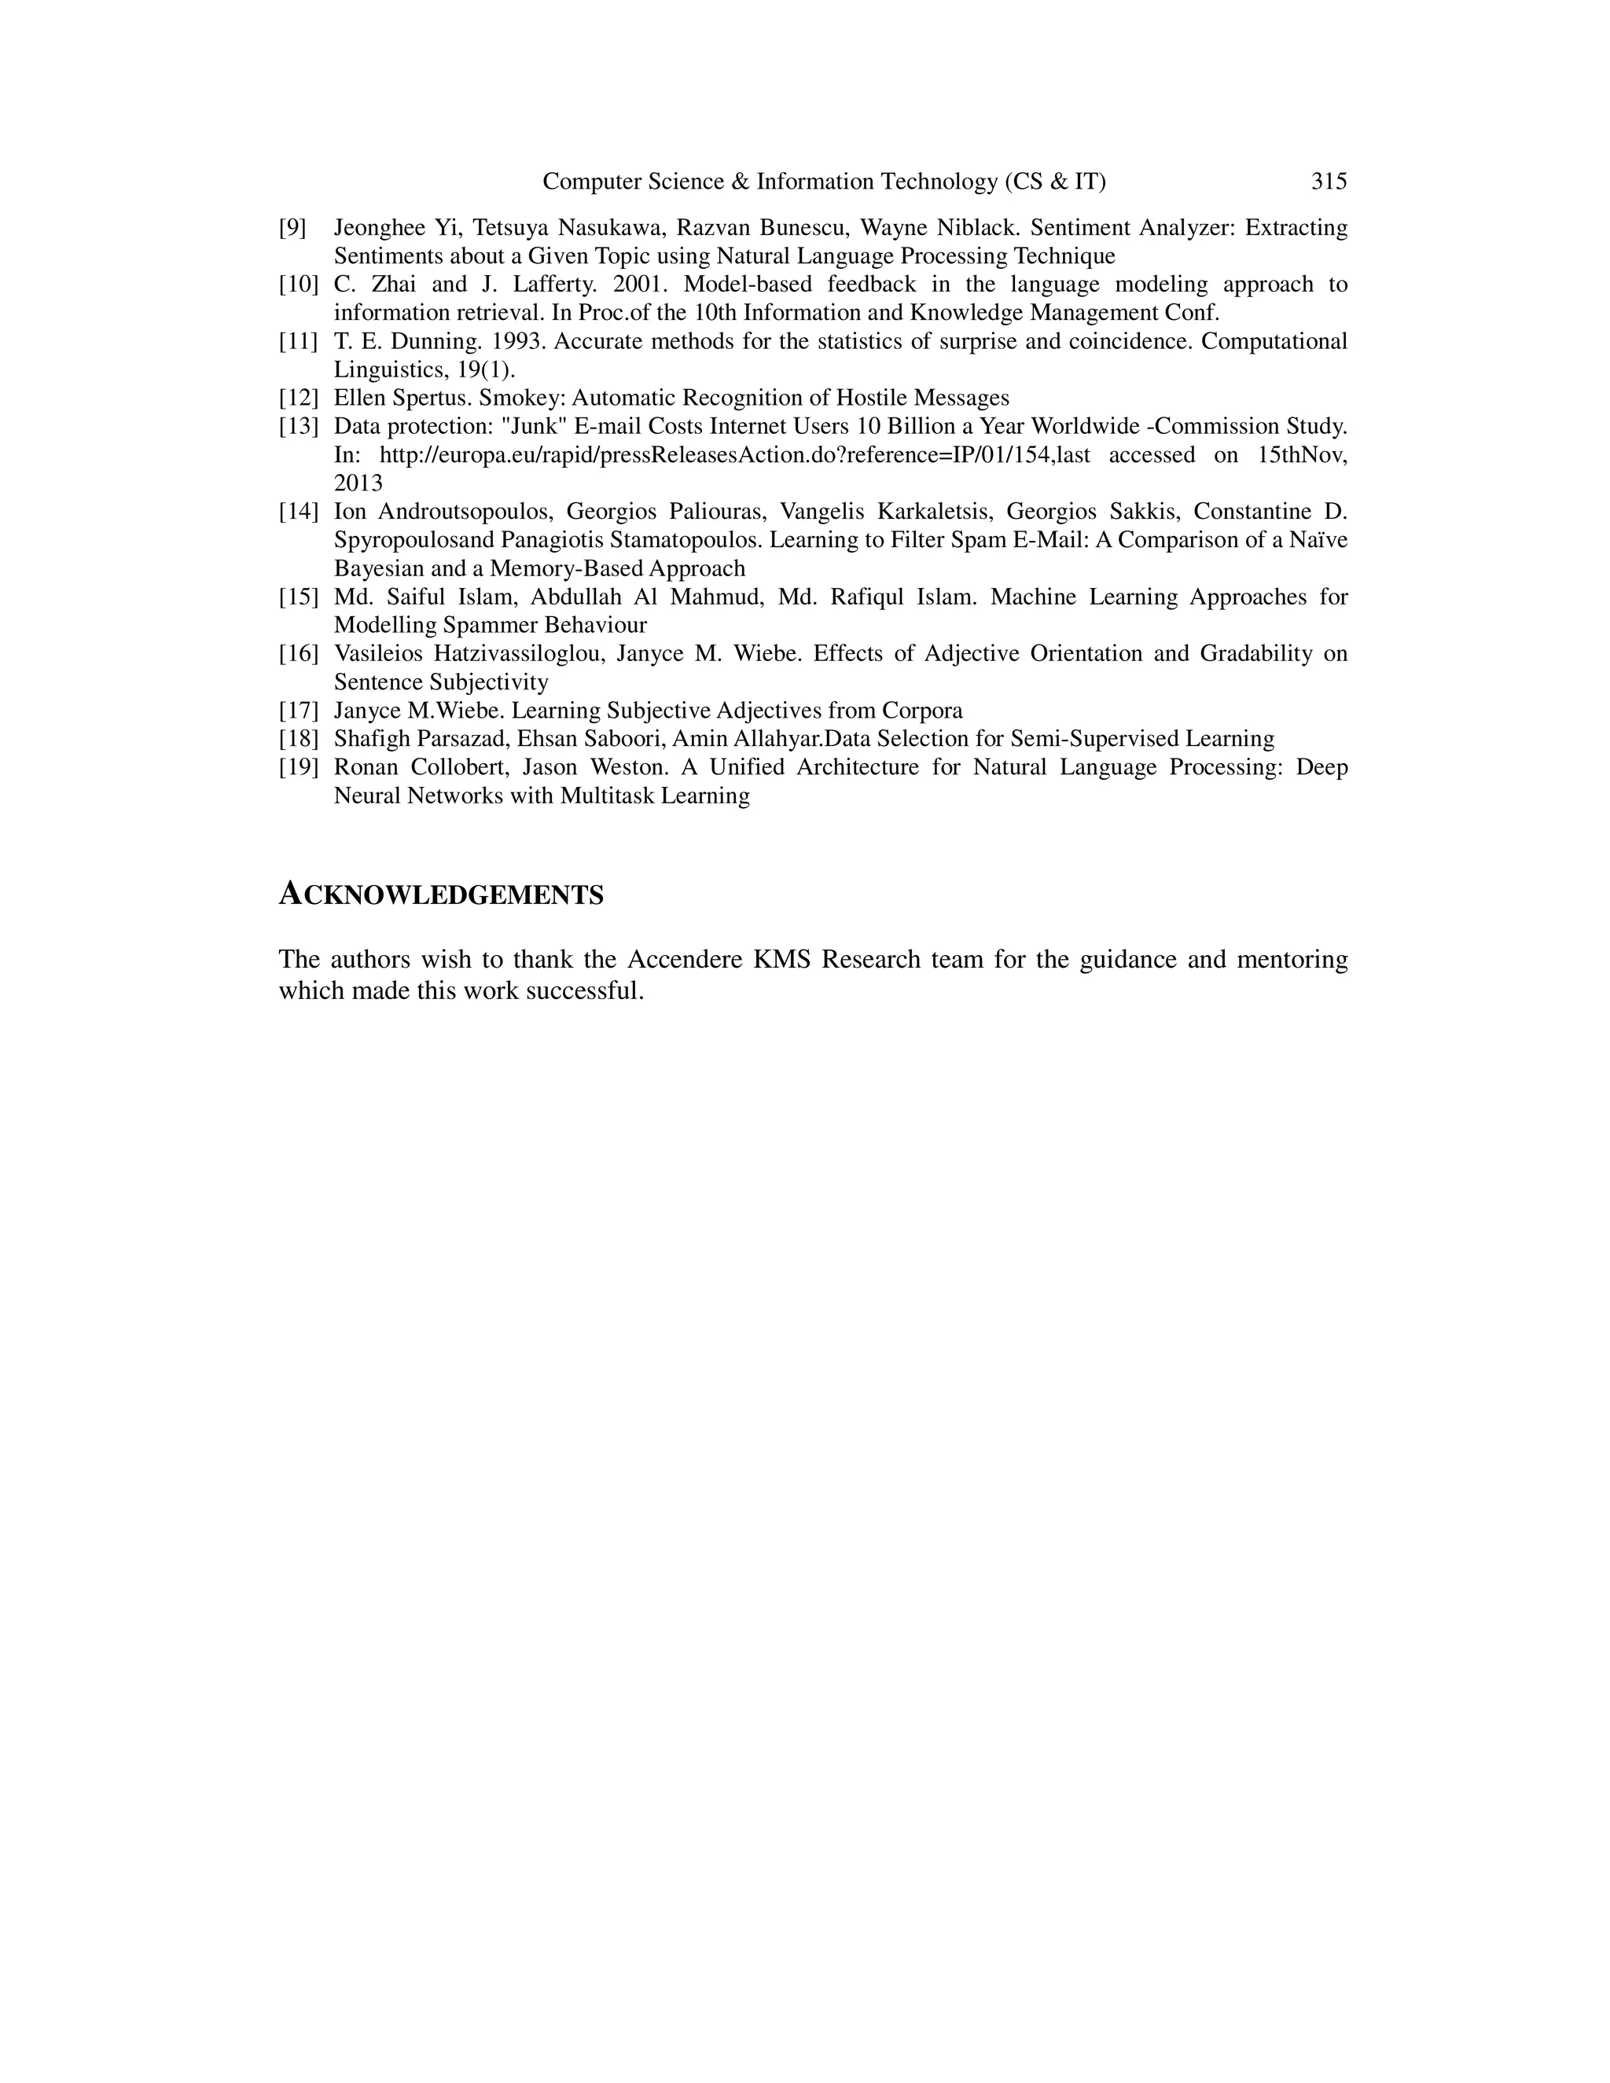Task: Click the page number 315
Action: [1329, 182]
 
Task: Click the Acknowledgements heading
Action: [441, 895]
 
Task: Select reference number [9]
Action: [292, 228]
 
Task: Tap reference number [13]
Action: [298, 426]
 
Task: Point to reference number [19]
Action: [298, 768]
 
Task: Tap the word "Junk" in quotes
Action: [535, 426]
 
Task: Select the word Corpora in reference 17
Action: [921, 711]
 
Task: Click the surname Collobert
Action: [459, 768]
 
